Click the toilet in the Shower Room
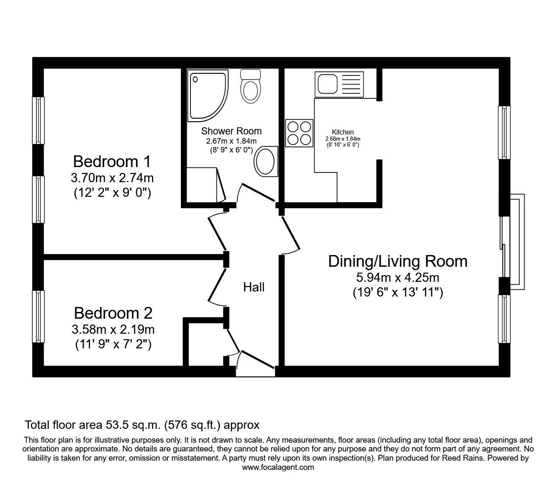click(x=251, y=86)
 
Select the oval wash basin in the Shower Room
click(x=265, y=160)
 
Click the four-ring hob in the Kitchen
click(x=299, y=133)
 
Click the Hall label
click(x=254, y=287)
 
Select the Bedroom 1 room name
click(x=112, y=161)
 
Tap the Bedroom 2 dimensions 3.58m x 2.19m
click(x=113, y=330)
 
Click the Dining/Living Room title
click(x=397, y=261)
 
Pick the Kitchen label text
click(x=343, y=132)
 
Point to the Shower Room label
click(x=231, y=131)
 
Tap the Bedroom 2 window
click(x=39, y=317)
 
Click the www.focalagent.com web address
click(x=278, y=467)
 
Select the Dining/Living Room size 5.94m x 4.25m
click(x=397, y=277)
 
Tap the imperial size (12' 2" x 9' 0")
click(x=113, y=193)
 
